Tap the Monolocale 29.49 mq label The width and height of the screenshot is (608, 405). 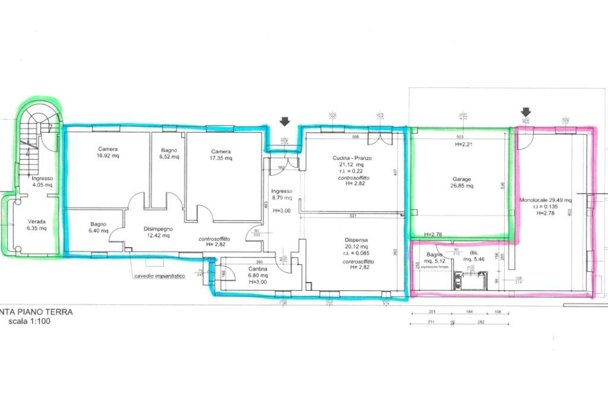[545, 200]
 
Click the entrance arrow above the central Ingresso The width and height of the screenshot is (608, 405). [285, 121]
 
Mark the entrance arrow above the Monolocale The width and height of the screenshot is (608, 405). [525, 112]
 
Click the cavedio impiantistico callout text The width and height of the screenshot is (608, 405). [160, 276]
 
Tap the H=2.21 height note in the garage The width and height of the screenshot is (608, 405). [462, 144]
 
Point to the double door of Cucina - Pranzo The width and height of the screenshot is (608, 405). [378, 138]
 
